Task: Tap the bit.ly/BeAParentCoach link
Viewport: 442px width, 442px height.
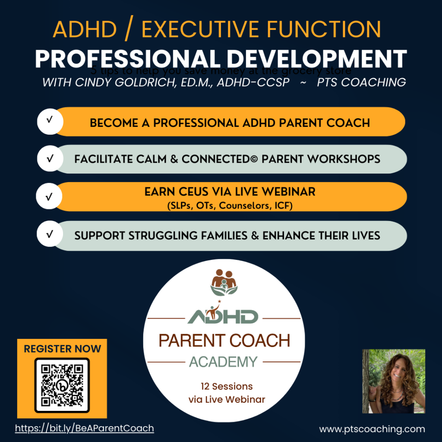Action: click(x=85, y=428)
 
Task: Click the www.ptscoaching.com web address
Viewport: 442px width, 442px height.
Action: click(x=372, y=429)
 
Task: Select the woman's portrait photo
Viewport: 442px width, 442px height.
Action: click(x=394, y=381)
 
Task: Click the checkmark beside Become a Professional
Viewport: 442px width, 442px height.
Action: click(x=49, y=120)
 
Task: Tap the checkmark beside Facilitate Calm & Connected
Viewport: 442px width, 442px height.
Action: click(x=49, y=158)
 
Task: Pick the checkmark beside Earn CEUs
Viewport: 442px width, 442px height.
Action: click(x=49, y=197)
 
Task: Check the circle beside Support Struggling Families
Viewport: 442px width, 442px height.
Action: click(x=49, y=235)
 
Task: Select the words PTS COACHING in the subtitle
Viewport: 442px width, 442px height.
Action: click(x=361, y=82)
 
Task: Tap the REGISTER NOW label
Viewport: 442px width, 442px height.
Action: click(x=62, y=349)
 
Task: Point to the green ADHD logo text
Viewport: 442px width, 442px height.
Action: click(x=224, y=316)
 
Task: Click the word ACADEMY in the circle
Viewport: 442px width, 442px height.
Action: click(x=224, y=361)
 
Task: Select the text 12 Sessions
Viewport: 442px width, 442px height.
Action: click(x=227, y=386)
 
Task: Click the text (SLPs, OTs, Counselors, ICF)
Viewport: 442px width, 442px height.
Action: click(x=230, y=206)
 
